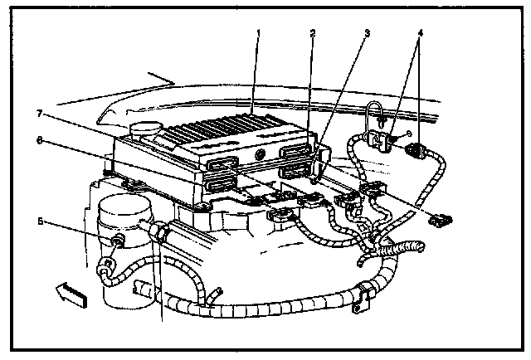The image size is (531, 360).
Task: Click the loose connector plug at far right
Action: click(x=441, y=220)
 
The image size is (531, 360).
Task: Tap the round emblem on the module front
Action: click(x=261, y=156)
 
